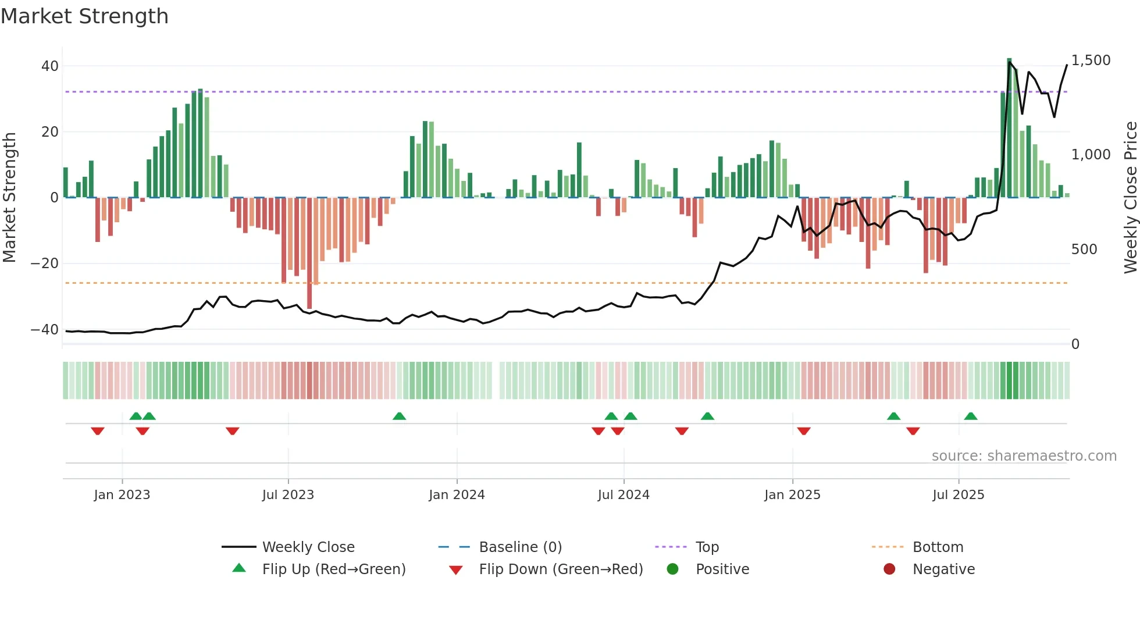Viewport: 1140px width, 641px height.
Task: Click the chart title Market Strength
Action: coord(84,16)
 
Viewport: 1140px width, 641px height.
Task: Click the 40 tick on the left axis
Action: coord(50,66)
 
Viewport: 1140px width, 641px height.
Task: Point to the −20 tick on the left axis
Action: coord(45,263)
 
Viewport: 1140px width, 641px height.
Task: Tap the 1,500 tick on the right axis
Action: coord(1091,60)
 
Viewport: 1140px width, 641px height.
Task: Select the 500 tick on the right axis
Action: coord(1084,250)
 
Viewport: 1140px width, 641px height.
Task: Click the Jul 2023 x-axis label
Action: coord(288,495)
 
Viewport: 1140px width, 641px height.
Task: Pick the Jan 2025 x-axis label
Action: coord(792,495)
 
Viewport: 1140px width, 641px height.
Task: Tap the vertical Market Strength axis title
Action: coord(9,198)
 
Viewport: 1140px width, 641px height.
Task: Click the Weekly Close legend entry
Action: coord(308,547)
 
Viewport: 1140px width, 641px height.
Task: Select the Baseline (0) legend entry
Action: coord(520,547)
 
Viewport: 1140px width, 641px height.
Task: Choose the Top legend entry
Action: coord(707,547)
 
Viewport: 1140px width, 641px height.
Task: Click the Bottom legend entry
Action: coord(938,547)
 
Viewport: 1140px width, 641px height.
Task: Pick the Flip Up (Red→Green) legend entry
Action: coord(333,569)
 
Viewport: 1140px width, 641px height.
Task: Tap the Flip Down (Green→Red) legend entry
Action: coord(561,569)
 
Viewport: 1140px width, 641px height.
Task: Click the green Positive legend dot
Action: coord(672,569)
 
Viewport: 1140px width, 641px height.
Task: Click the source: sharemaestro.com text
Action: coord(1024,456)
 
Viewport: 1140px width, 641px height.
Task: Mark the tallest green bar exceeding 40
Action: coord(1009,128)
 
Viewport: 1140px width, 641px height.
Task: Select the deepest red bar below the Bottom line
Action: coord(309,253)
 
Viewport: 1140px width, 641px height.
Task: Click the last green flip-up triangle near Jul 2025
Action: coord(971,416)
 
